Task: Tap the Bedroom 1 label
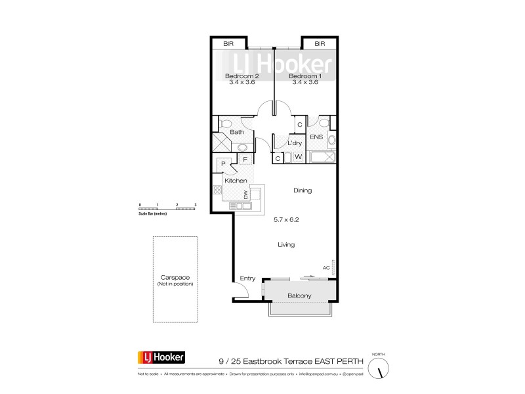point(304,76)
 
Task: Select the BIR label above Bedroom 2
point(228,44)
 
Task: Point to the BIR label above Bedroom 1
point(320,44)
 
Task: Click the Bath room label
point(237,132)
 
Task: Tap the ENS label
point(316,137)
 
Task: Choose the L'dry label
point(295,143)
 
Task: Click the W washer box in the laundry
point(297,158)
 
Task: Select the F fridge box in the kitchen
point(245,159)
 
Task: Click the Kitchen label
point(236,181)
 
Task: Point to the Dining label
point(303,190)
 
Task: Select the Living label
point(286,244)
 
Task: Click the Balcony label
point(299,296)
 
